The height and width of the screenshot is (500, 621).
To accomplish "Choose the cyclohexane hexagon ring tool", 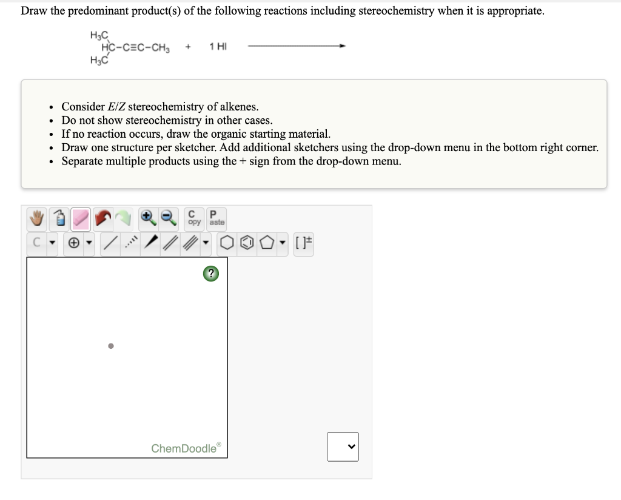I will pos(226,244).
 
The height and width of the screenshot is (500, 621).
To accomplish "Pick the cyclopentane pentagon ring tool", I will pos(267,244).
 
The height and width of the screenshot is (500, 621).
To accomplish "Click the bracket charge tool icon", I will pos(304,244).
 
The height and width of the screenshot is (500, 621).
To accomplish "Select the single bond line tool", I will pos(110,244).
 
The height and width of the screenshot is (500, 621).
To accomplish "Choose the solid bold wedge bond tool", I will pos(152,244).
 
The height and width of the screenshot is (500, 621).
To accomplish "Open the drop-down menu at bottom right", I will pos(343,447).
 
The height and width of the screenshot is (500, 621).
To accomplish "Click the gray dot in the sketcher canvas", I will pos(110,346).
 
